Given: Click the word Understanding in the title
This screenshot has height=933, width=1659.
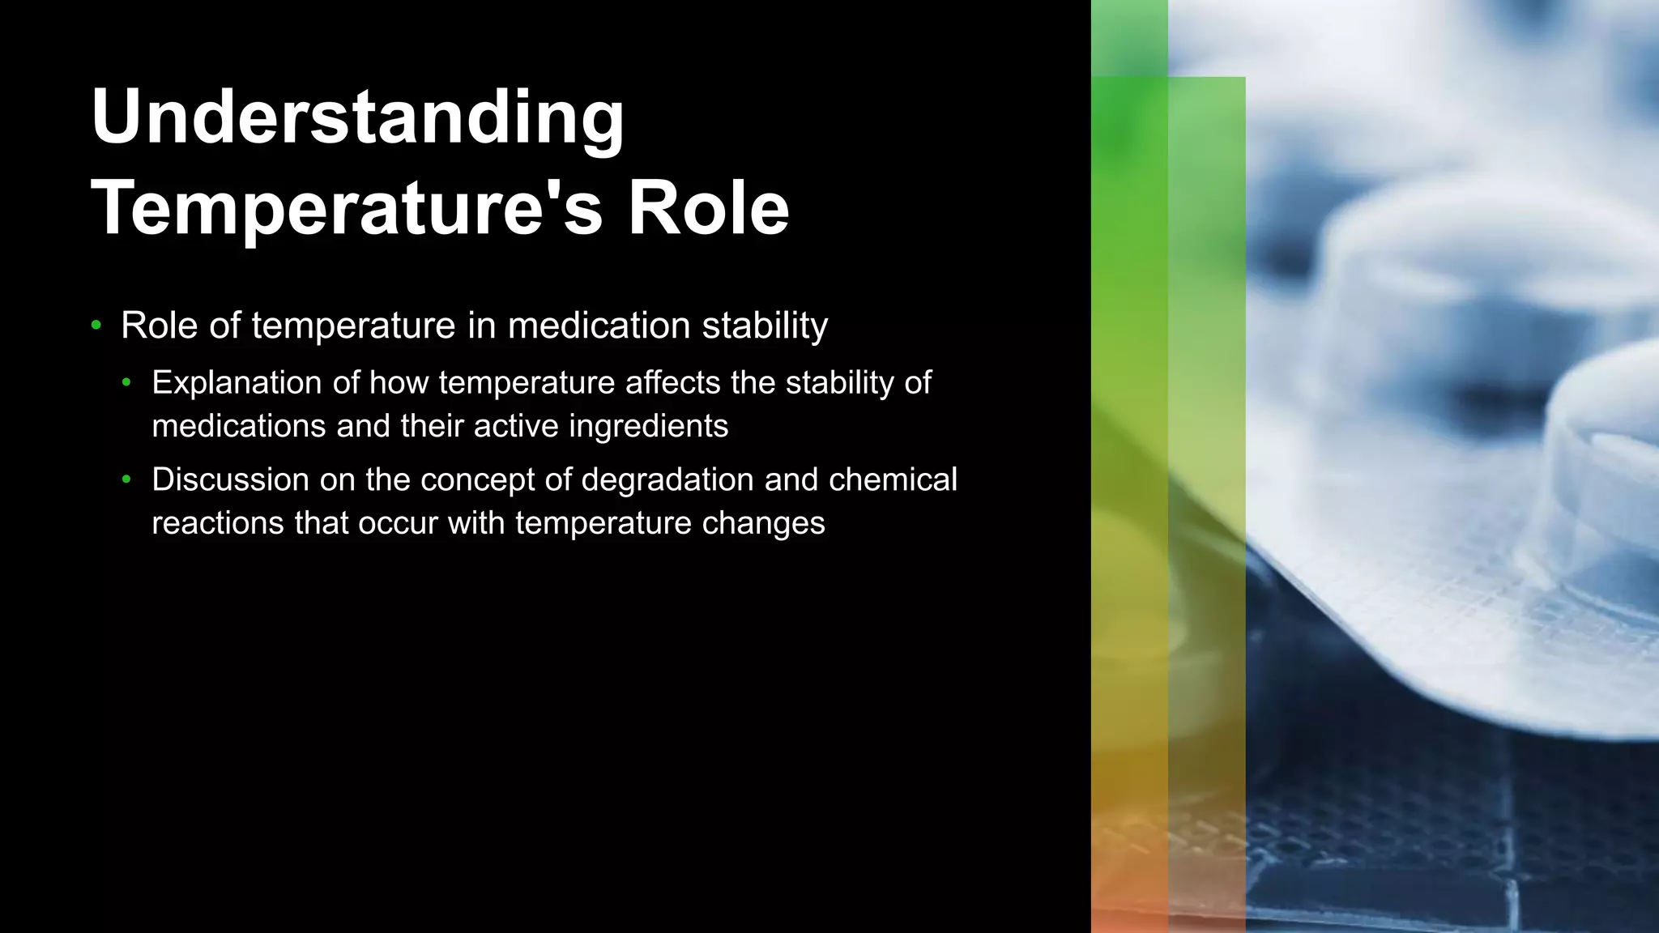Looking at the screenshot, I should (357, 118).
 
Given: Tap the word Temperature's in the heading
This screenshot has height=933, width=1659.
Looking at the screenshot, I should (348, 208).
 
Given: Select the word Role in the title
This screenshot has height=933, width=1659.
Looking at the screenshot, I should (708, 208).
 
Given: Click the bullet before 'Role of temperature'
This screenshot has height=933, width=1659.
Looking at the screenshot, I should (96, 326).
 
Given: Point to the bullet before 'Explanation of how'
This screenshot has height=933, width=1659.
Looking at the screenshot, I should (126, 382).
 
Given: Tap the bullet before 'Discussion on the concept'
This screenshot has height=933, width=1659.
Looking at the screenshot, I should (126, 479).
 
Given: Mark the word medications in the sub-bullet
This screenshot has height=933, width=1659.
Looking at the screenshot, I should (239, 426).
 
